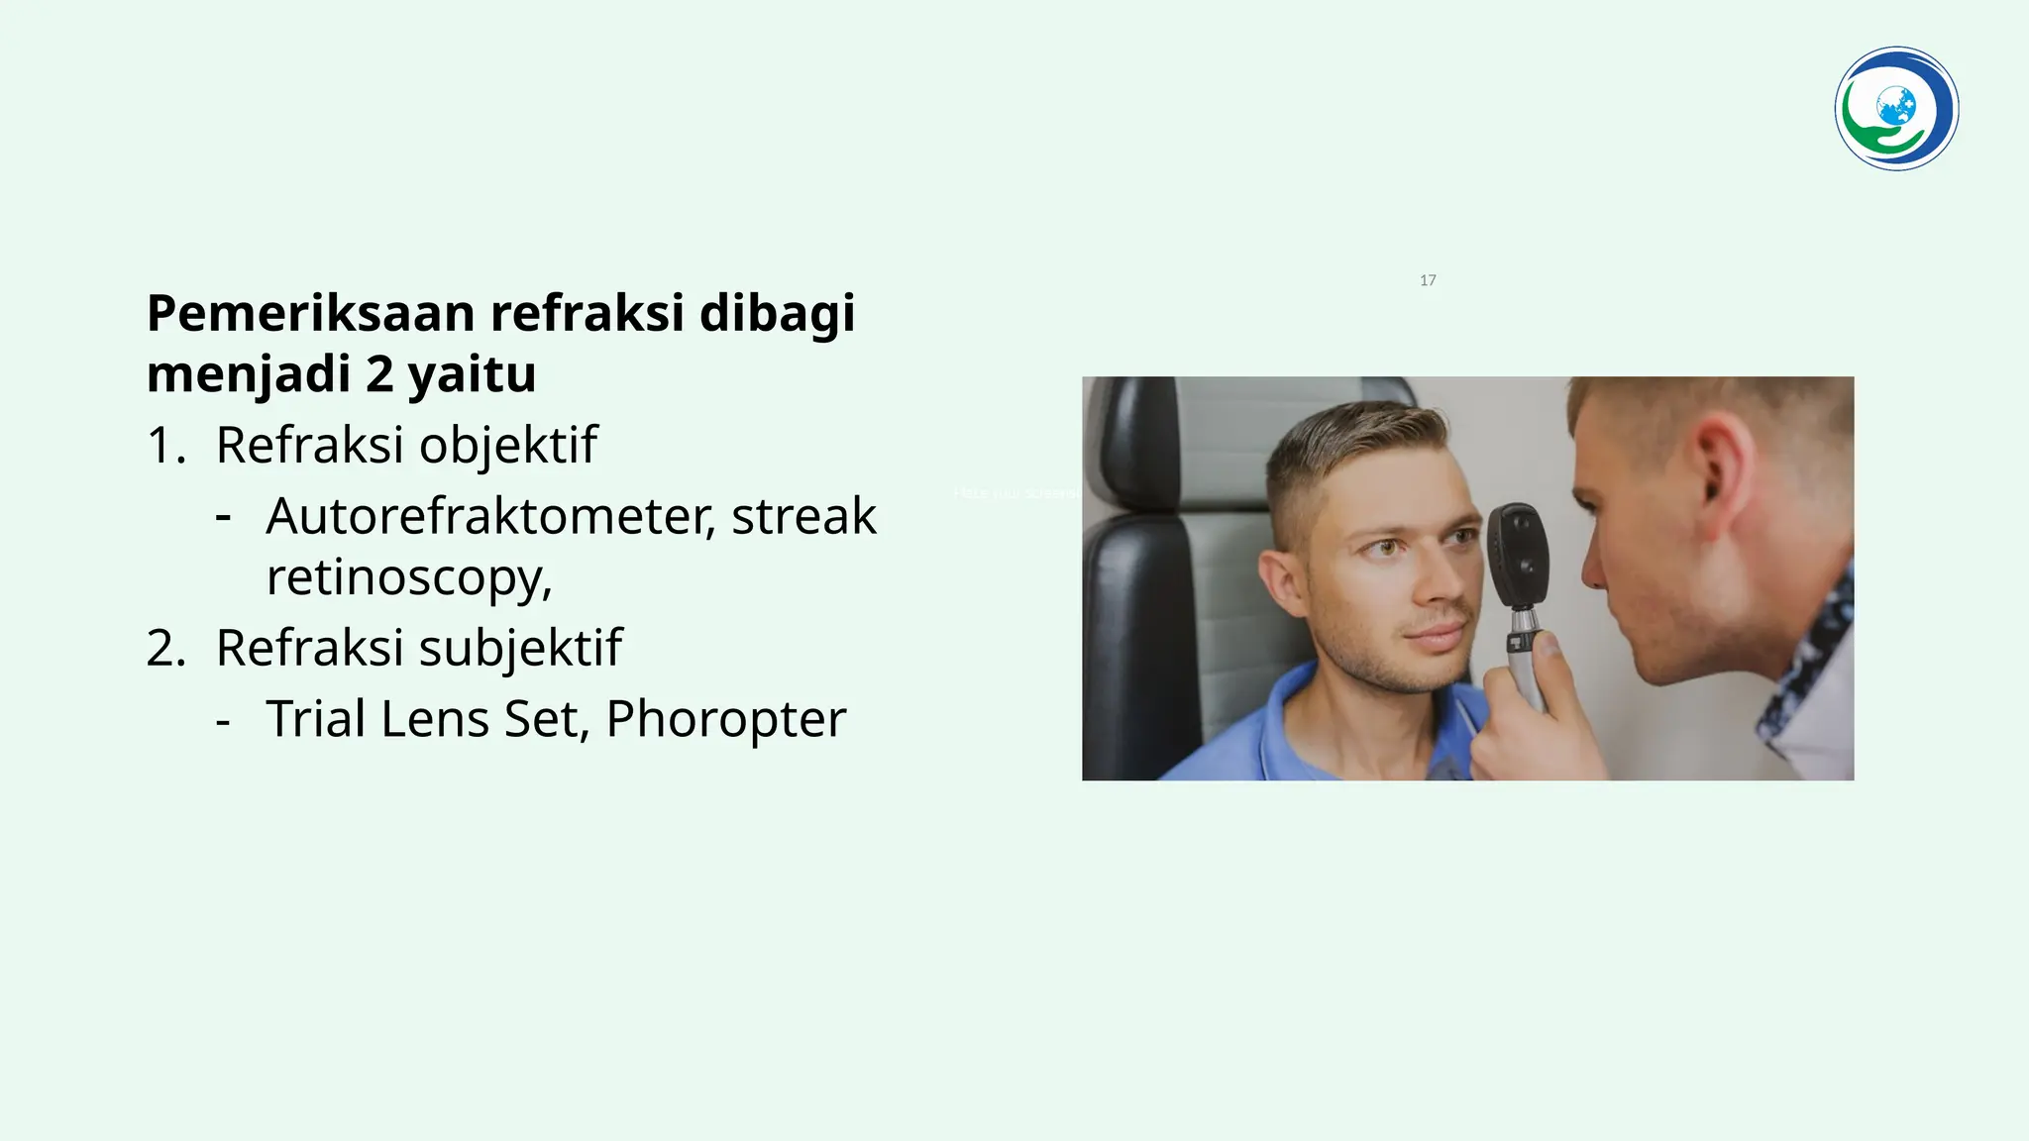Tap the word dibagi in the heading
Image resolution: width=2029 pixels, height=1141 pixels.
[777, 314]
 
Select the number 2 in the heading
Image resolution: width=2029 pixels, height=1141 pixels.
[379, 374]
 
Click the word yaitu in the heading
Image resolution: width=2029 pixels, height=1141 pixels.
[472, 374]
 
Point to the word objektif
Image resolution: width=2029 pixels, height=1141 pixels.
[508, 446]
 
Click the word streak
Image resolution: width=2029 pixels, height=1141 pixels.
[803, 516]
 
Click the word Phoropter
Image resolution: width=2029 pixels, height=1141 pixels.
[725, 719]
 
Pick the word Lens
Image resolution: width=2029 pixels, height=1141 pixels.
[435, 719]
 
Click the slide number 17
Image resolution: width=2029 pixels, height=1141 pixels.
[1428, 280]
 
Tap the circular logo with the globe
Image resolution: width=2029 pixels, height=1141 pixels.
[1896, 109]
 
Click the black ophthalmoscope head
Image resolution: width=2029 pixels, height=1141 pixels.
[1516, 555]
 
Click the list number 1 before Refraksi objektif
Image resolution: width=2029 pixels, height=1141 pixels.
[164, 446]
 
